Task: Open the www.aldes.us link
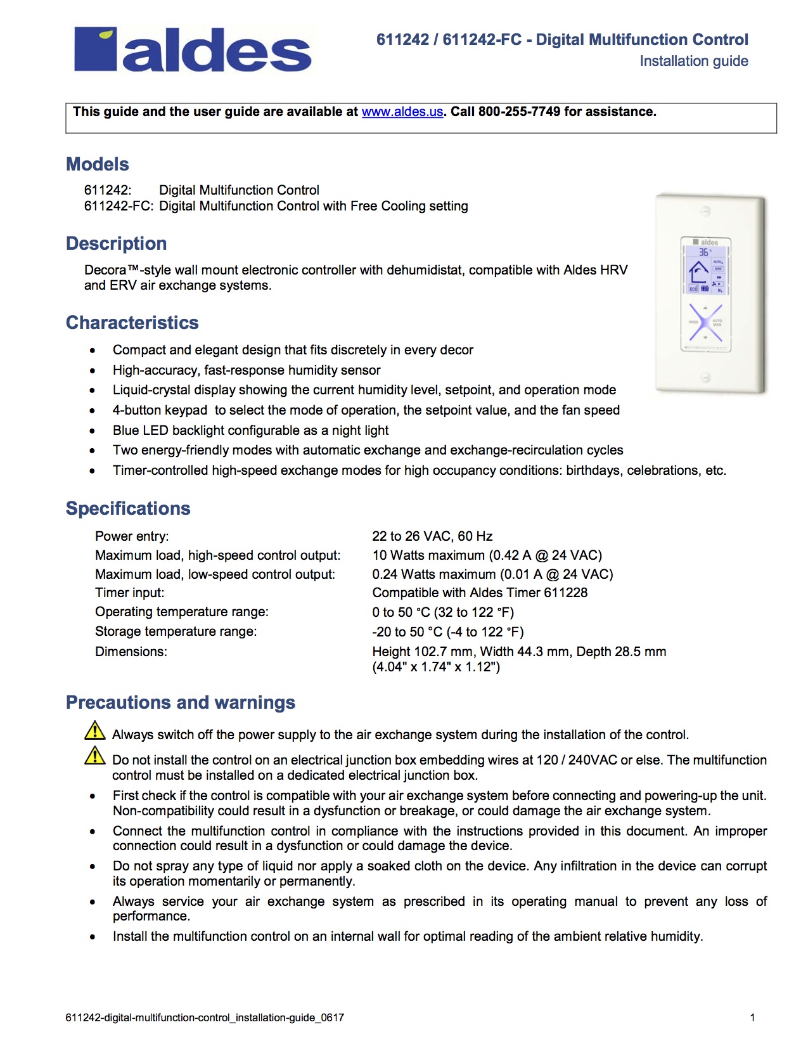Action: pos(402,112)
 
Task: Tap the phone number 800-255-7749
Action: pos(519,112)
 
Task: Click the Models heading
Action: pos(98,164)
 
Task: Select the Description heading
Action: pos(117,243)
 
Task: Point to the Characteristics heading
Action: pos(132,323)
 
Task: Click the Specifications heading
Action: pos(128,508)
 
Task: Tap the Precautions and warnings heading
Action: pos(181,702)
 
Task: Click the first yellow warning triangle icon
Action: pos(95,731)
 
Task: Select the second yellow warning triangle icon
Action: pos(95,756)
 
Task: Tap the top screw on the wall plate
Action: pos(705,211)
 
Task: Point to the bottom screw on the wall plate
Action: pos(705,378)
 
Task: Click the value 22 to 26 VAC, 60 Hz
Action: pos(432,536)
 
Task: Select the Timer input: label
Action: pos(129,593)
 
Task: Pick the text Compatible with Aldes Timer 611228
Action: pos(480,593)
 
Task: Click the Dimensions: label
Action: pos(131,652)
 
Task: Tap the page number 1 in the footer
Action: pos(752,1017)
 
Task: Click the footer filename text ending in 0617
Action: pos(205,1017)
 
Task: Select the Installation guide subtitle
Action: pos(693,61)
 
